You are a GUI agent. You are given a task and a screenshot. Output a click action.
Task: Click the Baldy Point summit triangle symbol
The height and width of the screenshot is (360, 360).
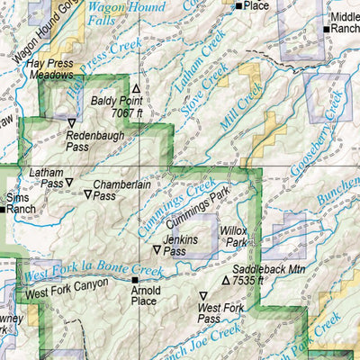pyautogui.click(x=137, y=89)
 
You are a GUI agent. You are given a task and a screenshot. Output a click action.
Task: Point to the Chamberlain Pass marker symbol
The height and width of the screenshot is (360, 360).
pyautogui.click(x=88, y=193)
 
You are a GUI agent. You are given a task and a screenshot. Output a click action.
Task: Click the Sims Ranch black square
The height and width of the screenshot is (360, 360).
pyautogui.click(x=4, y=209)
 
